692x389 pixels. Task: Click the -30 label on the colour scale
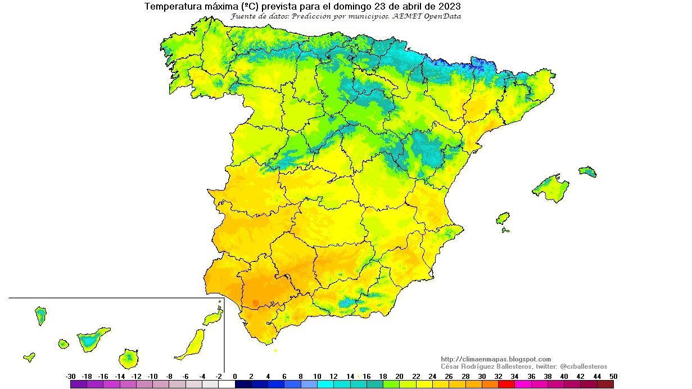click(70, 377)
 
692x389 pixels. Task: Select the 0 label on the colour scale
click(235, 377)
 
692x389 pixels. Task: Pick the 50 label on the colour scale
click(613, 377)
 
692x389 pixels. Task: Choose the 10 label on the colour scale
click(317, 377)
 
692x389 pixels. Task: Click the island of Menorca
click(587, 171)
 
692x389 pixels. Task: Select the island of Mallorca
click(550, 187)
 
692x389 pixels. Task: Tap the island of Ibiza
click(503, 218)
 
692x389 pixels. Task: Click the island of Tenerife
click(92, 340)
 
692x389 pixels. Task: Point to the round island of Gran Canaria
click(129, 358)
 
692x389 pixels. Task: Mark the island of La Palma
click(40, 315)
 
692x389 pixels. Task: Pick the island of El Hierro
click(29, 357)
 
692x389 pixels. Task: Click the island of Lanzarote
click(214, 318)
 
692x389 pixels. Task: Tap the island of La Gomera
click(63, 343)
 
